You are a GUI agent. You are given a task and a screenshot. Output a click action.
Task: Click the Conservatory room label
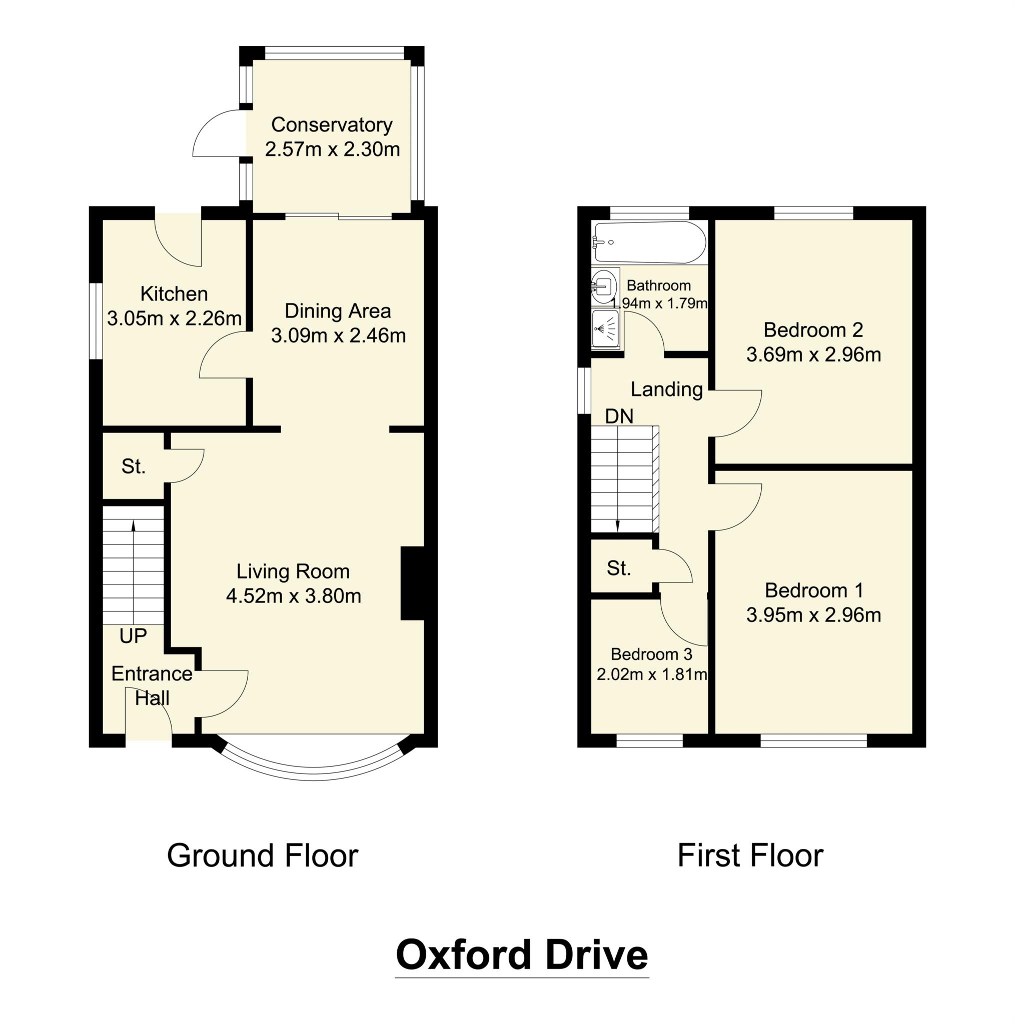(x=332, y=125)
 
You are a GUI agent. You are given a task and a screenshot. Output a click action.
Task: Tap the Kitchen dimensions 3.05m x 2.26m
(x=174, y=318)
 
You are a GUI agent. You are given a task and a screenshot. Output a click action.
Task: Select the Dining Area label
(x=338, y=311)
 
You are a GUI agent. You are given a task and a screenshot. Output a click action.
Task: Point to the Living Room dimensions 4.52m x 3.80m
(x=293, y=595)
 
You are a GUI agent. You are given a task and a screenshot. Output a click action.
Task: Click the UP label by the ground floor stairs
(x=133, y=636)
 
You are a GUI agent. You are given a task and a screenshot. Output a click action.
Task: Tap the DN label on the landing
(x=619, y=416)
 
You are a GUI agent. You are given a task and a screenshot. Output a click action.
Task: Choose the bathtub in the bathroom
(x=650, y=242)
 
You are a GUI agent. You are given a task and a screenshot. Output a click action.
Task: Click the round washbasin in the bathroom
(x=604, y=286)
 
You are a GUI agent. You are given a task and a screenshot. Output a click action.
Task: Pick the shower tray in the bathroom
(x=606, y=328)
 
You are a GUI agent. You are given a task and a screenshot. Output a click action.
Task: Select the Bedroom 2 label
(x=813, y=330)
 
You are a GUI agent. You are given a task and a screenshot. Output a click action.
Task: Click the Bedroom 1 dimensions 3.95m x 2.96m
(x=813, y=615)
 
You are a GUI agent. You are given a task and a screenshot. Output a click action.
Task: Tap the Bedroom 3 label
(x=651, y=654)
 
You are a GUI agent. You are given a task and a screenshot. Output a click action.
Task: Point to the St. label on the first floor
(x=618, y=568)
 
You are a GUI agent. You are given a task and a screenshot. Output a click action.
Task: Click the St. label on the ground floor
(x=133, y=466)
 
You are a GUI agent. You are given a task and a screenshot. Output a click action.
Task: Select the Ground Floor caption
(x=263, y=855)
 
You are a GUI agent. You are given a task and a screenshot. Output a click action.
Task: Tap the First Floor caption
(x=750, y=855)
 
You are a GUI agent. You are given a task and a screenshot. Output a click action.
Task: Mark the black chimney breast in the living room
(x=413, y=583)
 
